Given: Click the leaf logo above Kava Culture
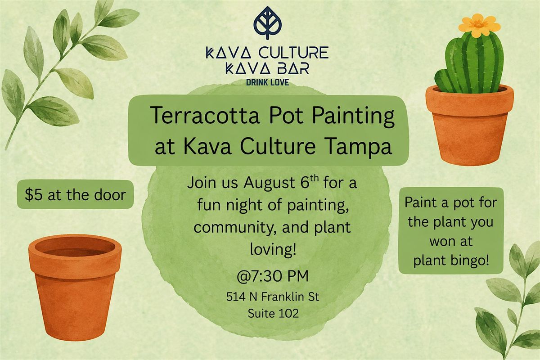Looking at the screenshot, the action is point(267,22).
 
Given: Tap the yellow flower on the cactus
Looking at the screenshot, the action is point(479,26).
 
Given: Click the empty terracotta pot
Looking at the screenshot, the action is point(75,287).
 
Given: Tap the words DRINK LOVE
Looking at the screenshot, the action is point(267,83).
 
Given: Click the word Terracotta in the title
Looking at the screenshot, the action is point(205,116).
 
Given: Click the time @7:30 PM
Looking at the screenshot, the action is point(273,276).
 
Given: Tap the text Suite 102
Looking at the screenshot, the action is point(273,314).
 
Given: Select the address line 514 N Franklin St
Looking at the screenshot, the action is point(273,297).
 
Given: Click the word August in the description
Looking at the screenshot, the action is point(270,184).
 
